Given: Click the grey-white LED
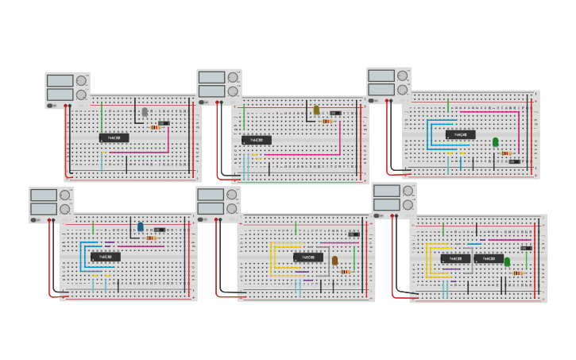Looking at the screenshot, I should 145,112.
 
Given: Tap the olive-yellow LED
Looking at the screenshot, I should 316,110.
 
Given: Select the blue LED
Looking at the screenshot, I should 141,226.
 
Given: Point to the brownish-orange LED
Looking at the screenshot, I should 334,260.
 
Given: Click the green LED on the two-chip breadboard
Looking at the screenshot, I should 507,261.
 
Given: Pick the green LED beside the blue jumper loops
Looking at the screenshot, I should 495,141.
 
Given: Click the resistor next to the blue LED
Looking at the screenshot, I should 150,238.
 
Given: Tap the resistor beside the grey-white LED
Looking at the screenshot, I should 155,127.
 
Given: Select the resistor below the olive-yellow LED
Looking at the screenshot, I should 327,122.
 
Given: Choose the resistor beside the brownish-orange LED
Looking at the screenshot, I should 345,272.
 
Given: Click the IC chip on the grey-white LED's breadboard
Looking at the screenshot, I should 114,137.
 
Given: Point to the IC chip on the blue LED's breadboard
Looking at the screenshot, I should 106,257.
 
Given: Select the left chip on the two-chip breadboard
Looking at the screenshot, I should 456,258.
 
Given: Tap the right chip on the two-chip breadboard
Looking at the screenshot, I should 489,258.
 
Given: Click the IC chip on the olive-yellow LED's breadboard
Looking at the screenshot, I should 257,140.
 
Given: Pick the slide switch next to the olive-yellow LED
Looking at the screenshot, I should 336,113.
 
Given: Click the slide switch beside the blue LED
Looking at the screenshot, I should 160,230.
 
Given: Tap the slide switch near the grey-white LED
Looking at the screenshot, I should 164,123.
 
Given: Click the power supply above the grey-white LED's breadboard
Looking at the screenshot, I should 67,88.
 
